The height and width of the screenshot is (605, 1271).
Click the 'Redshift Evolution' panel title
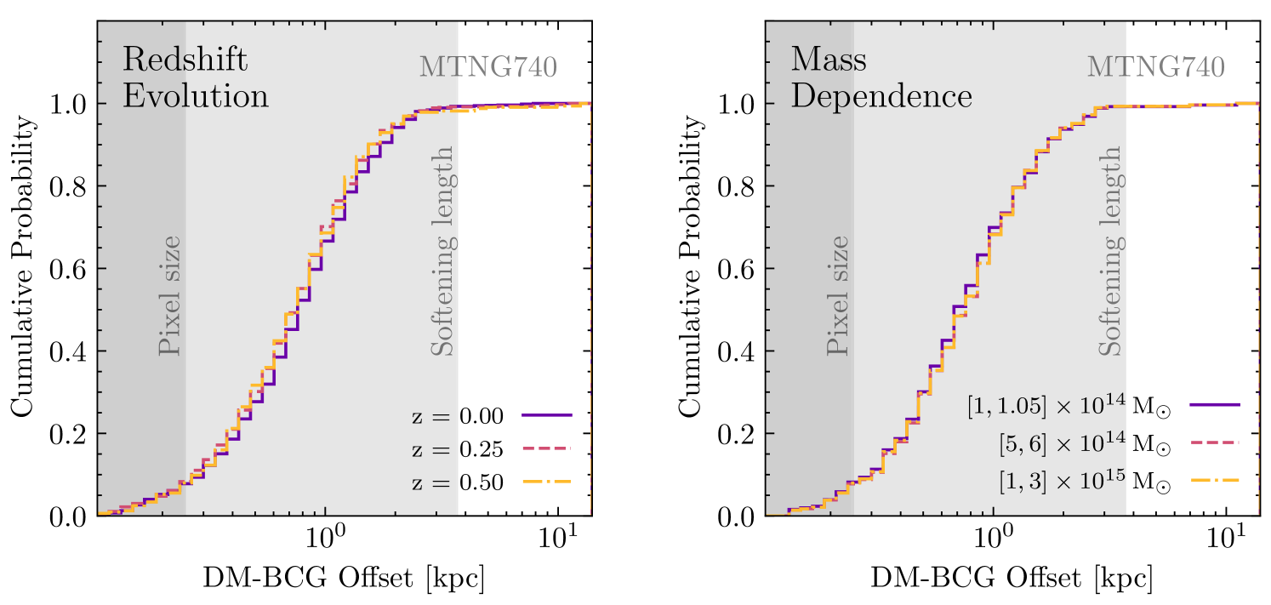coord(196,77)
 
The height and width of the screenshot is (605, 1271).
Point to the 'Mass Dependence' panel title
coord(881,77)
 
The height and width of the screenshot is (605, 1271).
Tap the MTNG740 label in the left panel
coord(487,66)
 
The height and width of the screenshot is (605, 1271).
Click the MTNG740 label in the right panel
coord(1156,66)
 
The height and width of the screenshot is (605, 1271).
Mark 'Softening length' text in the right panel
coord(1109,251)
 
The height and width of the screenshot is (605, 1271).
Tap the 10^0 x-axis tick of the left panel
coord(323,542)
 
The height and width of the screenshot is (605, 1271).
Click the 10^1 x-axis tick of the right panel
coord(1226,542)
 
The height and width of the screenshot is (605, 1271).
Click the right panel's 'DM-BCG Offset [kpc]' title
coord(1011,579)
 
